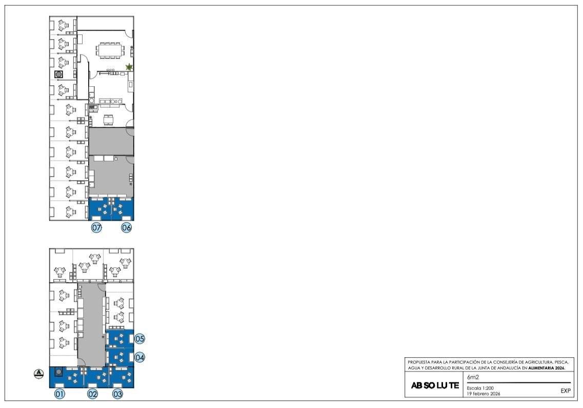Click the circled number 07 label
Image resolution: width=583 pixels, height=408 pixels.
click(x=97, y=227)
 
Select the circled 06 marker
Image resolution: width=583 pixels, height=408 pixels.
click(x=127, y=227)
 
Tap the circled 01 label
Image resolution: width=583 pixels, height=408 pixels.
click(x=59, y=394)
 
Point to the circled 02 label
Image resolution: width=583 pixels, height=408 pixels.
click(x=93, y=394)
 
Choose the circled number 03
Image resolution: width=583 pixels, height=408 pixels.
click(x=117, y=394)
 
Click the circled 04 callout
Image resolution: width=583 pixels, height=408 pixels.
click(x=139, y=357)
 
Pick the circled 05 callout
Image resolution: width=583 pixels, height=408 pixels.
click(x=139, y=339)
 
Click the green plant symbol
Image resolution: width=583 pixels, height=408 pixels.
click(x=129, y=67)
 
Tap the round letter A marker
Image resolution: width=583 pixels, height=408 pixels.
click(x=38, y=374)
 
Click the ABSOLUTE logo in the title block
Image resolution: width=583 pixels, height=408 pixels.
click(x=435, y=385)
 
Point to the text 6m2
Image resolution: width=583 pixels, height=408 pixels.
click(x=473, y=377)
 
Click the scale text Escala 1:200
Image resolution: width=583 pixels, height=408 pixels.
click(x=480, y=388)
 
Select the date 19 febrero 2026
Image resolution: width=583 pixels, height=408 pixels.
click(x=484, y=394)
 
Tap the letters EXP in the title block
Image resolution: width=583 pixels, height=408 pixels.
click(x=566, y=391)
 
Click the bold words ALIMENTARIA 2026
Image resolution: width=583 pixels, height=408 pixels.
click(x=547, y=368)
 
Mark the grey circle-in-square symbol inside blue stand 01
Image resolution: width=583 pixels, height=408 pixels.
click(x=58, y=372)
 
